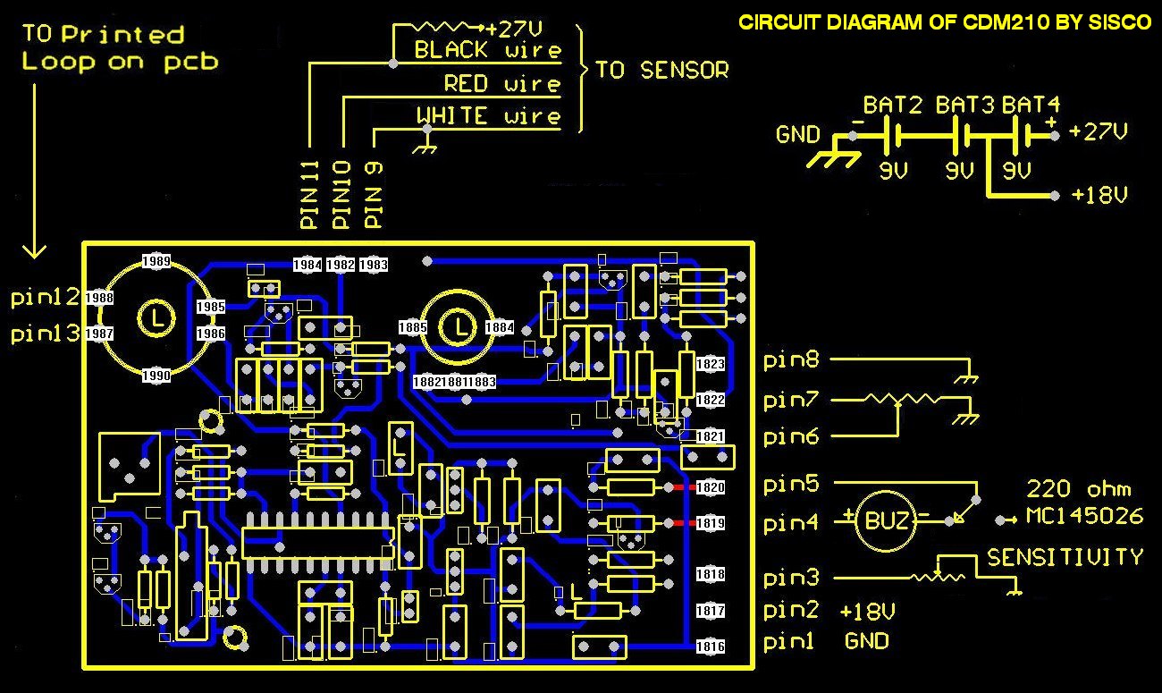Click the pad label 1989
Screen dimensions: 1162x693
(156, 260)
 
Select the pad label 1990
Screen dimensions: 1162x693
(156, 375)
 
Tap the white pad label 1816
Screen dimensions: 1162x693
(711, 647)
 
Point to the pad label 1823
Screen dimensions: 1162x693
(711, 364)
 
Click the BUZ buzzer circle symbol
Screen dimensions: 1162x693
(886, 520)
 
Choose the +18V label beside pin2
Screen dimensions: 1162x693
(868, 612)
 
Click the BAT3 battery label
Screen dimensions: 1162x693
(964, 106)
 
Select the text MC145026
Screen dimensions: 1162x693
(1084, 516)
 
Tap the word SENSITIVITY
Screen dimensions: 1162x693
(1065, 557)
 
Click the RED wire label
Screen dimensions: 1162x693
(502, 83)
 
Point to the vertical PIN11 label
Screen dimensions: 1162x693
(309, 195)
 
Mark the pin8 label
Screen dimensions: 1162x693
(791, 359)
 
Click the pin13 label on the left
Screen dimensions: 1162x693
(46, 333)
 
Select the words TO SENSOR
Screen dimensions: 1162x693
(661, 70)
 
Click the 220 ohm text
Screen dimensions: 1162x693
(1079, 488)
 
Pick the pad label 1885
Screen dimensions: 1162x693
(412, 327)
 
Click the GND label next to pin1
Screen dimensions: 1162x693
(866, 641)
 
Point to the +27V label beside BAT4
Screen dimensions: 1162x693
(1099, 131)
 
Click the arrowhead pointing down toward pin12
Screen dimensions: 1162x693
(34, 252)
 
